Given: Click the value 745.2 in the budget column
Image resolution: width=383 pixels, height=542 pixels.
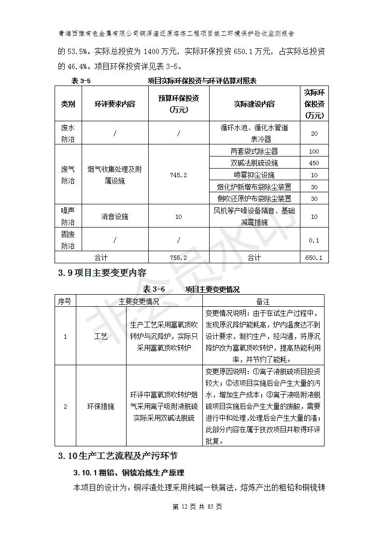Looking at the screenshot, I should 178,175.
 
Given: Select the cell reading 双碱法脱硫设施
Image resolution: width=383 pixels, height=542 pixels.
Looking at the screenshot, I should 254,163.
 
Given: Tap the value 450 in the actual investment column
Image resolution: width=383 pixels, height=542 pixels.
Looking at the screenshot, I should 314,163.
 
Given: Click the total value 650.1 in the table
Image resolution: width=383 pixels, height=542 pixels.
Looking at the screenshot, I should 314,258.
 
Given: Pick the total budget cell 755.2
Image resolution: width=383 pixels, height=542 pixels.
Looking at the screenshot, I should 178,258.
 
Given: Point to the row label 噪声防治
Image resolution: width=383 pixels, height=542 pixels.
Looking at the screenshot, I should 68,216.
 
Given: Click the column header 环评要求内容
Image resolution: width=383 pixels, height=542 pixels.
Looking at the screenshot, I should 114,104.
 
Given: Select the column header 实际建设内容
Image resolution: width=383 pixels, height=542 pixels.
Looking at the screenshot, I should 254,104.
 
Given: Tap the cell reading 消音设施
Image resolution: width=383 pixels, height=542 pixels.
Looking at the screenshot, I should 114,217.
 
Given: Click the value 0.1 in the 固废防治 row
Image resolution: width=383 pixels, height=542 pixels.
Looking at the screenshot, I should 314,240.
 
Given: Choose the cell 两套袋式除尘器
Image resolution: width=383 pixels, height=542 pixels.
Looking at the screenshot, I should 254,151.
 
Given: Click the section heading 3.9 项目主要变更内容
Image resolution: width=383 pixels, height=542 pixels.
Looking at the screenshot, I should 102,273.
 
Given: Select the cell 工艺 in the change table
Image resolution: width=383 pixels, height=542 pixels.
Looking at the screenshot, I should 100,337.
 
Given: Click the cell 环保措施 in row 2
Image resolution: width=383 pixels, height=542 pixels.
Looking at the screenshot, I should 100,407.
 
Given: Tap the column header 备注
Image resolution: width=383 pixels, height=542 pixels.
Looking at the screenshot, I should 263,301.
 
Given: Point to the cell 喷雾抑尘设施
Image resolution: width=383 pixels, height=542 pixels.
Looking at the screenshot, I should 254,175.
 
